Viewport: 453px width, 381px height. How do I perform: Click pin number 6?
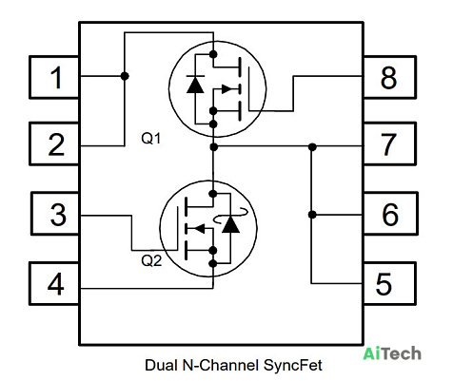pyautogui.click(x=390, y=215)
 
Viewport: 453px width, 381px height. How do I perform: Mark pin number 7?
pyautogui.click(x=388, y=144)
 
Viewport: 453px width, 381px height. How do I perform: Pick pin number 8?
pyautogui.click(x=388, y=78)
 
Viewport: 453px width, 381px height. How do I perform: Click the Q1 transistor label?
pyautogui.click(x=151, y=139)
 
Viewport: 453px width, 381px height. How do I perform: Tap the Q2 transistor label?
pyautogui.click(x=151, y=260)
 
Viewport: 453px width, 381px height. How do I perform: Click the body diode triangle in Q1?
pyautogui.click(x=195, y=85)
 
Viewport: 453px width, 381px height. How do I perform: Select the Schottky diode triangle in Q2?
pyautogui.click(x=230, y=224)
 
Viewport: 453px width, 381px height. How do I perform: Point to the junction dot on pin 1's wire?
pyautogui.click(x=125, y=76)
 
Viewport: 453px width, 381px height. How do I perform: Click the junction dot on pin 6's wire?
pyautogui.click(x=312, y=215)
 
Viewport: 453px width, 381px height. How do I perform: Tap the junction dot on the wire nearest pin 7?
pyautogui.click(x=312, y=147)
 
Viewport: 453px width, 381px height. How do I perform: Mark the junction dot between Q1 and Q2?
pyautogui.click(x=214, y=147)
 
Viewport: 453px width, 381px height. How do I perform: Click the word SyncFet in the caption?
pyautogui.click(x=293, y=365)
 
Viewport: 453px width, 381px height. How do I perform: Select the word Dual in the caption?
pyautogui.click(x=161, y=365)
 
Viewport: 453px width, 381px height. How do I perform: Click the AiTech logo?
pyautogui.click(x=392, y=353)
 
